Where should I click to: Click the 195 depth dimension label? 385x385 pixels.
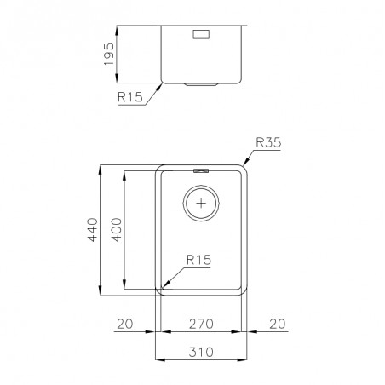pos(109,55)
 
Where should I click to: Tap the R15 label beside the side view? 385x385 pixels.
pos(130,97)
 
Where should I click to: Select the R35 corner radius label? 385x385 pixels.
pos(268,142)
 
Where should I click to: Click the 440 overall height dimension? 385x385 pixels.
pos(93,230)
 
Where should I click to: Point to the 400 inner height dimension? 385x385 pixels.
pos(116,230)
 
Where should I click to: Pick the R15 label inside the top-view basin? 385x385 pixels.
pos(198,260)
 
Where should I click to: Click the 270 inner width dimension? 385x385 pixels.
pos(201,324)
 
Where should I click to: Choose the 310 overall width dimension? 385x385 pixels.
pos(201,352)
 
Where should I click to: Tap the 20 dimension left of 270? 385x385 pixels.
pos(125,324)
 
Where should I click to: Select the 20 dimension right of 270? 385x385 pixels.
pos(278,324)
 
